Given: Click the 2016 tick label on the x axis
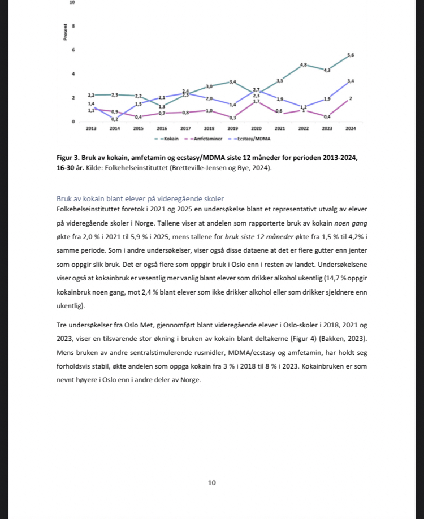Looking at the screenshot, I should point(162,129).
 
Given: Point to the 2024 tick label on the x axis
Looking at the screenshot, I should point(351,129).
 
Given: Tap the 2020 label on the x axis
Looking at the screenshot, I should point(256,129).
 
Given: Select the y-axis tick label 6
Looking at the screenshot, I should point(73,50).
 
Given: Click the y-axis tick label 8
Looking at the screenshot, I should point(73,27).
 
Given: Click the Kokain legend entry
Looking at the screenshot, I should point(167,138).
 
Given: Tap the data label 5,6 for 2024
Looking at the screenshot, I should point(351,54).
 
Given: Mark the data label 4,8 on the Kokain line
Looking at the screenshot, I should point(304,65).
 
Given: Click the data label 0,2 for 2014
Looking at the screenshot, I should point(115,119).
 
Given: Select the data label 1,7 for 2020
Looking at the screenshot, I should point(256,101).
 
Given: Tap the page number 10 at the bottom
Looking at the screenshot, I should point(211,482).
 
